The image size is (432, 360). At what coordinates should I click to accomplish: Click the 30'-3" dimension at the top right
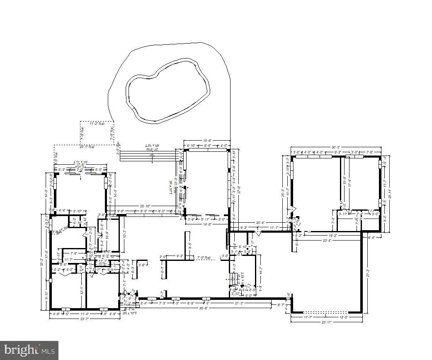pyautogui.click(x=336, y=147)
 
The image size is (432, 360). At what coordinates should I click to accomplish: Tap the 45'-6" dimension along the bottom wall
pyautogui.click(x=203, y=308)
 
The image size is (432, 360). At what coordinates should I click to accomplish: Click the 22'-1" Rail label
pyautogui.click(x=87, y=146)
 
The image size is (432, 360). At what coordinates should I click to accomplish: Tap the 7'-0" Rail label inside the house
pyautogui.click(x=204, y=258)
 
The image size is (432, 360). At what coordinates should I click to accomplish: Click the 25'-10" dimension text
pyautogui.click(x=145, y=206)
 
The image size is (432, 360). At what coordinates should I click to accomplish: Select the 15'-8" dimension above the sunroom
pyautogui.click(x=207, y=140)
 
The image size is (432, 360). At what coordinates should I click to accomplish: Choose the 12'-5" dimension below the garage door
pyautogui.click(x=342, y=317)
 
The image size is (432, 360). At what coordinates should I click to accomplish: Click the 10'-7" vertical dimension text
pyautogui.click(x=260, y=270)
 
